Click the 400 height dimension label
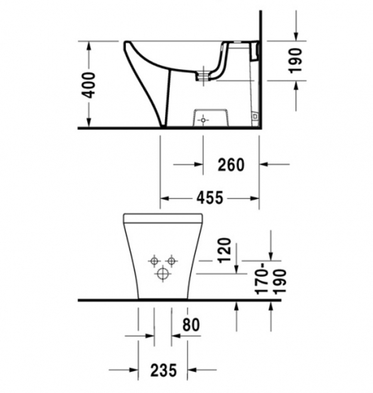point(89,85)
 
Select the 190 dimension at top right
point(297,60)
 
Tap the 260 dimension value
point(231,164)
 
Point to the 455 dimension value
point(210,198)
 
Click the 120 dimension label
point(225,250)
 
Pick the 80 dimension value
point(191,325)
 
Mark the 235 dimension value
point(163,370)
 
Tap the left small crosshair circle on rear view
point(154,261)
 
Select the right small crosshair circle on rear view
point(171,261)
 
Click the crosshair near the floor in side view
point(203,120)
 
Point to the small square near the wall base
point(255,117)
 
